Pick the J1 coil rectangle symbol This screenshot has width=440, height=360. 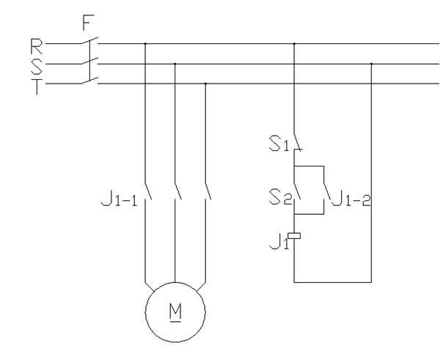[x=295, y=236]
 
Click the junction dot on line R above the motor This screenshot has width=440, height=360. [x=145, y=45]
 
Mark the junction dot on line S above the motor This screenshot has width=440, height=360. [x=175, y=65]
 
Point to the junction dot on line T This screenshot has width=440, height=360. [x=205, y=84]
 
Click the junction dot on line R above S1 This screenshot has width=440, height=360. [x=294, y=45]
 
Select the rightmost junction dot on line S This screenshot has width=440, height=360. [x=372, y=65]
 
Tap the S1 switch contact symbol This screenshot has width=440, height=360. [x=297, y=141]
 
